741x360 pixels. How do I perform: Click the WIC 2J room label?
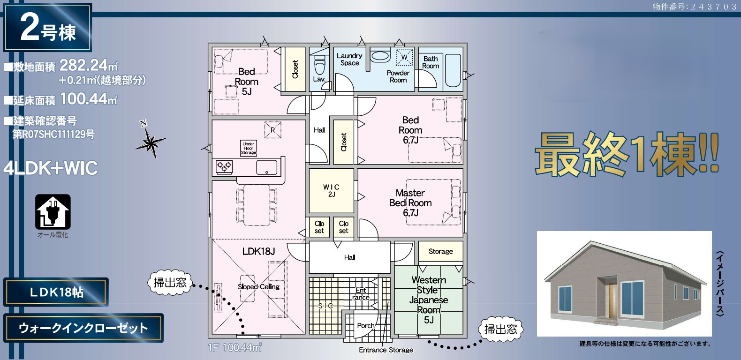pos(331,190)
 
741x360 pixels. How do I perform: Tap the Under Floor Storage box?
pos(249,148)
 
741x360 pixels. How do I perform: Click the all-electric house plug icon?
pos(53,212)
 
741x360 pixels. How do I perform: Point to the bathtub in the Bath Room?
pos(453,70)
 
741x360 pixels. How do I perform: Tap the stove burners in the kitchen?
pos(224,166)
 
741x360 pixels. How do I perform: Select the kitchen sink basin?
pos(267,167)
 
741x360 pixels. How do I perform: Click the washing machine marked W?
pos(404,57)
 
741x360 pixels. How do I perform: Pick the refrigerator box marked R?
pos(273,130)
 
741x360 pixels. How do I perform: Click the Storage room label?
pos(441,251)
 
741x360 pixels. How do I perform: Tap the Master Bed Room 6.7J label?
pos(410,202)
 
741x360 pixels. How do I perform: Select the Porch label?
pos(365,326)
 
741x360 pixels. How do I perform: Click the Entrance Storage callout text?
pos(386,350)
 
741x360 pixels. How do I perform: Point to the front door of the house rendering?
pos(613,300)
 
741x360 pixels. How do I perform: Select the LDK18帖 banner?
pos(56,292)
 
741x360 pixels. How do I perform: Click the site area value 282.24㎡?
pos(89,65)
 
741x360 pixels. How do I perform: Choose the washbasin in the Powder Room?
pos(380,56)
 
